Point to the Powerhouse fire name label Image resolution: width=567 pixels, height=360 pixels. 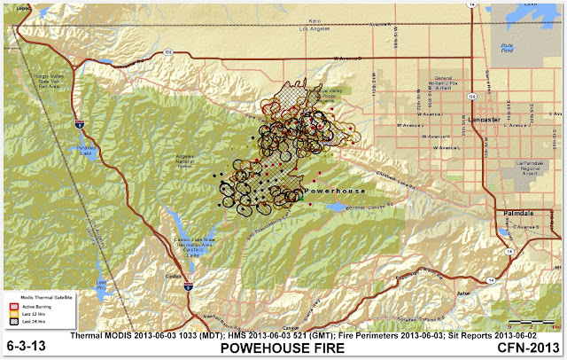coord(329,191)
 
